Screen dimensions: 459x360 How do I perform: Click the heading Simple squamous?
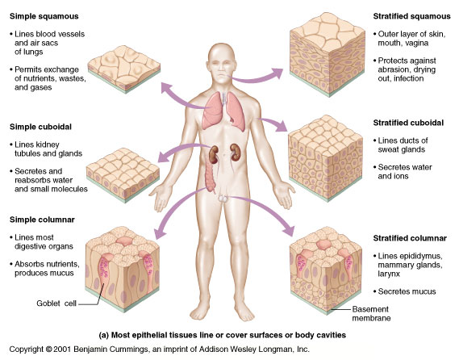click(44, 16)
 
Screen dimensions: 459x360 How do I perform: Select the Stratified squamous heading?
click(411, 16)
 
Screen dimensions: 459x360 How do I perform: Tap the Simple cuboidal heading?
click(40, 127)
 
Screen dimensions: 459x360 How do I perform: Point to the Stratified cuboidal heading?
click(408, 123)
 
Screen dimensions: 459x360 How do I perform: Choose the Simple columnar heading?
click(42, 220)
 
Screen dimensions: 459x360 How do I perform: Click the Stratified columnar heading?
click(410, 238)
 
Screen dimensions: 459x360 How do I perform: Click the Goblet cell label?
click(56, 303)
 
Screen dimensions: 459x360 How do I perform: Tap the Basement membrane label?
click(371, 313)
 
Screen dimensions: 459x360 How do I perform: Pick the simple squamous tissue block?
click(123, 69)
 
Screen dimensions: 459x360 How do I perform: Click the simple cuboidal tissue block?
click(123, 175)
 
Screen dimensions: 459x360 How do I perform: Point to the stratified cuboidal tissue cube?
click(326, 158)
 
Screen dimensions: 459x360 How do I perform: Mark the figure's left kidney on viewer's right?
click(235, 153)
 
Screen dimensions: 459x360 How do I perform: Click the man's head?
click(222, 63)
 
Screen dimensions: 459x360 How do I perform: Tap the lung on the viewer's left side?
click(211, 111)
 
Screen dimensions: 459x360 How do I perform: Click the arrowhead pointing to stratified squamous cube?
click(277, 73)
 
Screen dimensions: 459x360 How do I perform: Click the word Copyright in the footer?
click(27, 350)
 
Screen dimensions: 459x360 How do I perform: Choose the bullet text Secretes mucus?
click(407, 291)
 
